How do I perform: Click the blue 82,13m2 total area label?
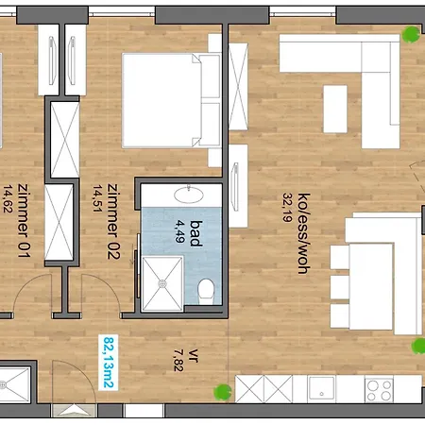pyautogui.click(x=109, y=363)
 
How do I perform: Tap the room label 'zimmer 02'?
pyautogui.click(x=113, y=221)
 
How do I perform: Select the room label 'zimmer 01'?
pyautogui.click(x=24, y=220)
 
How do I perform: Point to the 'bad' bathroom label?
pyautogui.click(x=195, y=233)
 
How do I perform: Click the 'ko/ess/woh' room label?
pyautogui.click(x=304, y=233)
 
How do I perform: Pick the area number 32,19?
pyautogui.click(x=287, y=208)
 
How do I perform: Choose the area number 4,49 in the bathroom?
pyautogui.click(x=179, y=231)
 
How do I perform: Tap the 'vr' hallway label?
pyautogui.click(x=194, y=356)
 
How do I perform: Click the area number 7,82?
pyautogui.click(x=178, y=360)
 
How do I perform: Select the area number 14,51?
pyautogui.click(x=97, y=198)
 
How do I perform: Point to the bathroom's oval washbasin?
pyautogui.click(x=189, y=195)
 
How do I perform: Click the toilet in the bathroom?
pyautogui.click(x=207, y=291)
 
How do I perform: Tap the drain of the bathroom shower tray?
pyautogui.click(x=162, y=283)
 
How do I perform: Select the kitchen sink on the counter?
pyautogui.click(x=321, y=388)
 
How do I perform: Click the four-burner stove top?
pyautogui.click(x=379, y=390)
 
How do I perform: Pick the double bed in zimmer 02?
pyautogui.click(x=171, y=100)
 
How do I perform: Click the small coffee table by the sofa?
pyautogui.click(x=335, y=109)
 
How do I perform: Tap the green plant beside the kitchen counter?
pyautogui.click(x=223, y=392)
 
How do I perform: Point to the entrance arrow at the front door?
pyautogui.click(x=75, y=410)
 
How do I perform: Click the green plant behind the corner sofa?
pyautogui.click(x=411, y=34)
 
